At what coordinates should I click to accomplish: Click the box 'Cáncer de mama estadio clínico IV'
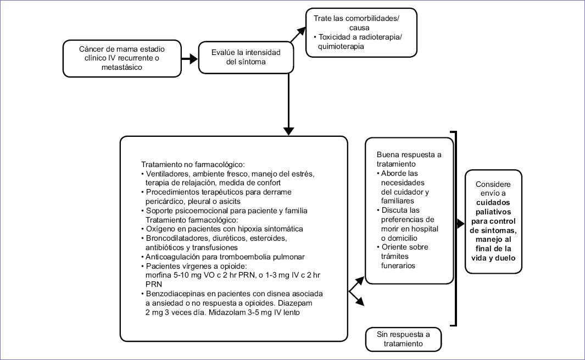[x=121, y=58]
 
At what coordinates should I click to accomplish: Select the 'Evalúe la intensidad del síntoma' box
[x=243, y=57]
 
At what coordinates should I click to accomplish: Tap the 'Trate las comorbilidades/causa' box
[x=361, y=32]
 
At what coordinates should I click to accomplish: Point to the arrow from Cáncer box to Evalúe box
[x=188, y=58]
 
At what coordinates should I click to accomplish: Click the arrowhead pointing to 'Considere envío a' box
[x=460, y=224]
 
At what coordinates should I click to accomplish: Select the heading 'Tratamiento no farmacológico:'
[x=193, y=164]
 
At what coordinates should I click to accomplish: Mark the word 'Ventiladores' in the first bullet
[x=166, y=174]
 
